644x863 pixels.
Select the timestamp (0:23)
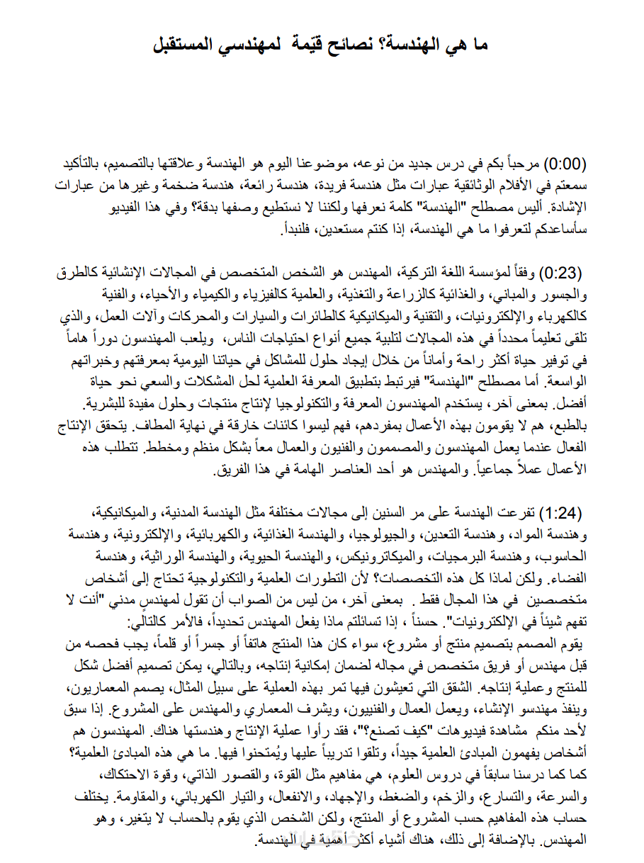(x=564, y=273)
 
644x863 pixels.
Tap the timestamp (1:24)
(x=564, y=512)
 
